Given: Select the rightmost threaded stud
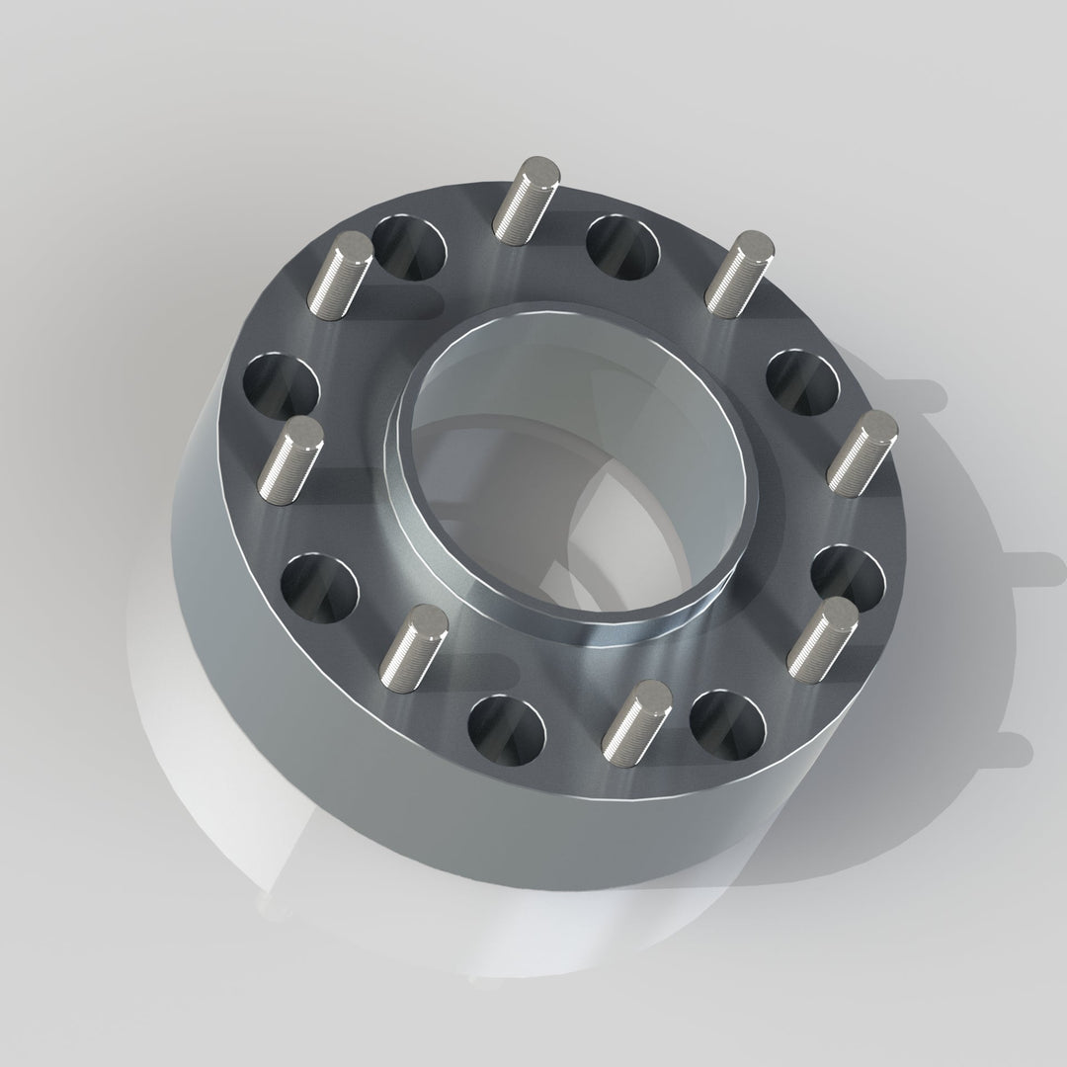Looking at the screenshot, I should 862,453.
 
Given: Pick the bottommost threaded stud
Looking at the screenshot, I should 636,720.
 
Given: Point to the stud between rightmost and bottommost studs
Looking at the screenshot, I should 823,633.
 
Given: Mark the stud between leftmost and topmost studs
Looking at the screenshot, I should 341,276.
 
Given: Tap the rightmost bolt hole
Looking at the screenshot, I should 847,577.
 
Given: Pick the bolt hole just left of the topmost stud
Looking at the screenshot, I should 409,246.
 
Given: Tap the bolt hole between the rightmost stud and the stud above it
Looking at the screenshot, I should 802,381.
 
